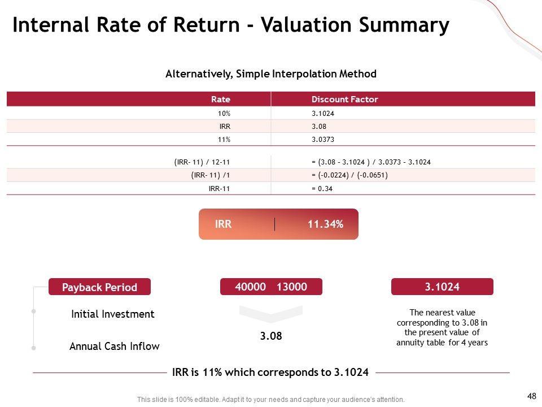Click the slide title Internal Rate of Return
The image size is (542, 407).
(230, 25)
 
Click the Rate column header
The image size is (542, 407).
(221, 99)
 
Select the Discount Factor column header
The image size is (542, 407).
(344, 99)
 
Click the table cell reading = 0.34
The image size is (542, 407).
(322, 189)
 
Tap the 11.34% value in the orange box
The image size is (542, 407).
(325, 224)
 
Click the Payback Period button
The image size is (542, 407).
(99, 287)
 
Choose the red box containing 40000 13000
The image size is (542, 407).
(271, 287)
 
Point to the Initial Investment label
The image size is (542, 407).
(113, 314)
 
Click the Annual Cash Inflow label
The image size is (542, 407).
(114, 346)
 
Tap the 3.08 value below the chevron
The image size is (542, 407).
(271, 336)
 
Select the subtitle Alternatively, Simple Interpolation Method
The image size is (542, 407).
(270, 74)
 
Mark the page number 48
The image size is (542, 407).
(531, 396)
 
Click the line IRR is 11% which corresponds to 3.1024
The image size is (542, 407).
(270, 373)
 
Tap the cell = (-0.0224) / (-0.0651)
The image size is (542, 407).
(349, 175)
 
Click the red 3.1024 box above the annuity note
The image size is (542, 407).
(442, 287)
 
